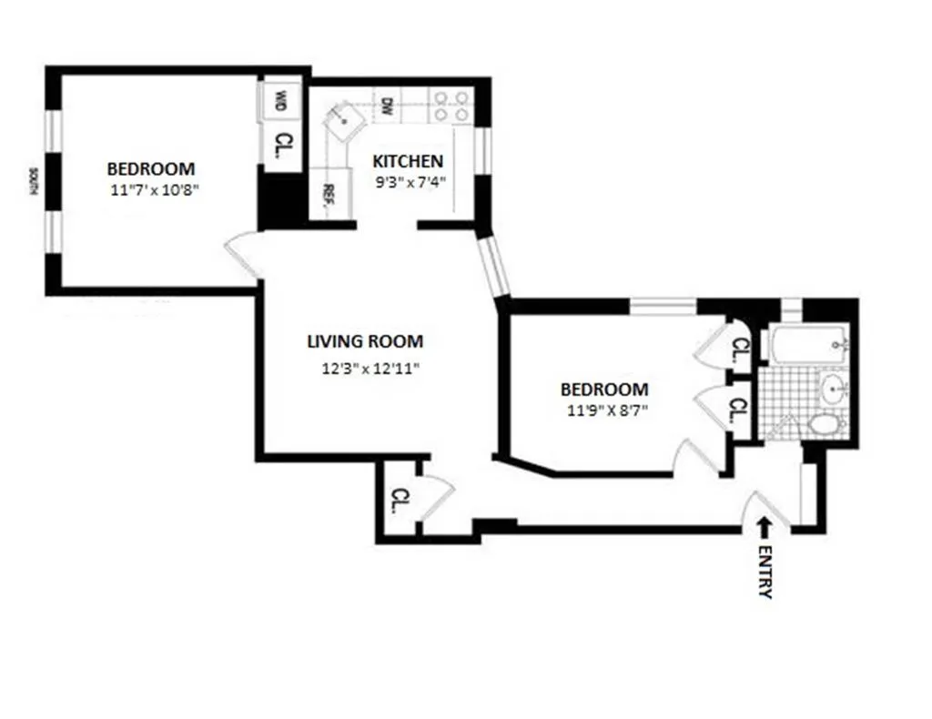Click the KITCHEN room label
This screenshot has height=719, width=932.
click(x=408, y=161)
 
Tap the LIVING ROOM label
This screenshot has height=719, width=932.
click(x=364, y=342)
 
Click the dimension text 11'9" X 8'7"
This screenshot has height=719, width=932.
click(x=604, y=409)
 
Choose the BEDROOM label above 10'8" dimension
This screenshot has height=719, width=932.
click(x=151, y=168)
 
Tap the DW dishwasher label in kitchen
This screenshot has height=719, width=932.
click(x=387, y=106)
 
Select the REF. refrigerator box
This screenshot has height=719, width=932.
click(x=325, y=194)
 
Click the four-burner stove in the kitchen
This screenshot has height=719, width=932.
click(x=451, y=105)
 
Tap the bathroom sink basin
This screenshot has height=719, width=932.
click(x=833, y=391)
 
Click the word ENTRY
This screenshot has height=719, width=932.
click(x=765, y=572)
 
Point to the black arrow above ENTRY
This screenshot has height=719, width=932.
click(x=764, y=525)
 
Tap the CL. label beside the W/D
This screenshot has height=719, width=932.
click(x=284, y=143)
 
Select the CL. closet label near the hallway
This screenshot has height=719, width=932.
click(x=400, y=499)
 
